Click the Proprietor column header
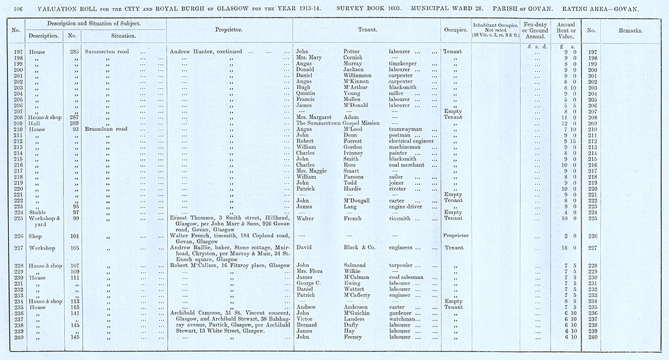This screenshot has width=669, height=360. [228, 30]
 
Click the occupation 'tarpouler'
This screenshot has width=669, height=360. [405, 266]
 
